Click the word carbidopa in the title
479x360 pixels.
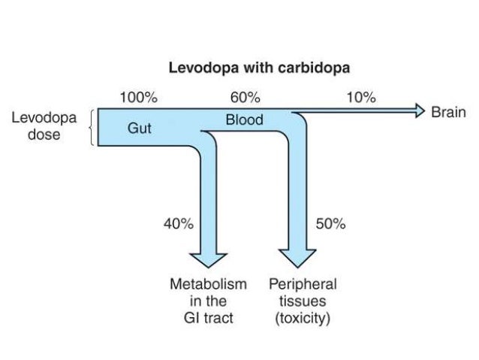tap(315, 68)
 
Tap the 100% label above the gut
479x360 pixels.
tap(139, 98)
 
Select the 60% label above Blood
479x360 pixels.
tap(245, 98)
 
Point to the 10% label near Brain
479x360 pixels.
tap(361, 98)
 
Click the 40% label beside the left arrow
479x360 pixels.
tap(179, 224)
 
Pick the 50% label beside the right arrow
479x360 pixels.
tap(330, 224)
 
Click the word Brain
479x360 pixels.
tap(448, 113)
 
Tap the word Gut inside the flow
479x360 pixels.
tap(139, 129)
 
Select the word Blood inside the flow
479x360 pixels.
tap(244, 120)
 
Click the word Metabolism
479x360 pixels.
tap(208, 285)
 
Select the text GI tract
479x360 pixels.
tap(208, 318)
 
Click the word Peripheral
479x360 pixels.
tap(303, 285)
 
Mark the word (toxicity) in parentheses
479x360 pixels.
tap(303, 318)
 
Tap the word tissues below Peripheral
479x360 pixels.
tap(303, 301)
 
